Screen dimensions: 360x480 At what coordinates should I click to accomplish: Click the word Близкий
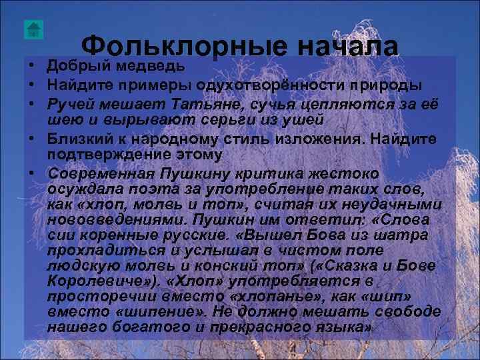82,139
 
